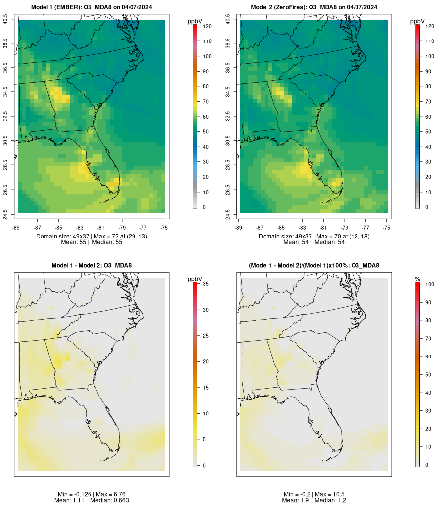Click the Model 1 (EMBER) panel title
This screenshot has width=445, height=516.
pyautogui.click(x=91, y=7)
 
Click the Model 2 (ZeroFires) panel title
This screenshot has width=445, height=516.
pyautogui.click(x=314, y=7)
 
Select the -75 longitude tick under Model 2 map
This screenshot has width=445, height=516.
pyautogui.click(x=387, y=227)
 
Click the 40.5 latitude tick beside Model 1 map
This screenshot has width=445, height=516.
pyautogui.click(x=5, y=20)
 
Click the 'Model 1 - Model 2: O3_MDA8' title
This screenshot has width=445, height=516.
pyautogui.click(x=91, y=266)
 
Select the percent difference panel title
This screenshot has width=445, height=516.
pyautogui.click(x=314, y=266)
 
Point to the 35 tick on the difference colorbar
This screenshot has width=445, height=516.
pyautogui.click(x=205, y=284)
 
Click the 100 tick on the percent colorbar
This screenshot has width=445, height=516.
pyautogui.click(x=429, y=284)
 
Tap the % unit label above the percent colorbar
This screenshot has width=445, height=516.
pyautogui.click(x=417, y=279)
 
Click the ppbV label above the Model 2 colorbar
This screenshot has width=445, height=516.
pyautogui.click(x=418, y=21)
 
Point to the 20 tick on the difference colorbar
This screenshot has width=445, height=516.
pyautogui.click(x=205, y=361)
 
